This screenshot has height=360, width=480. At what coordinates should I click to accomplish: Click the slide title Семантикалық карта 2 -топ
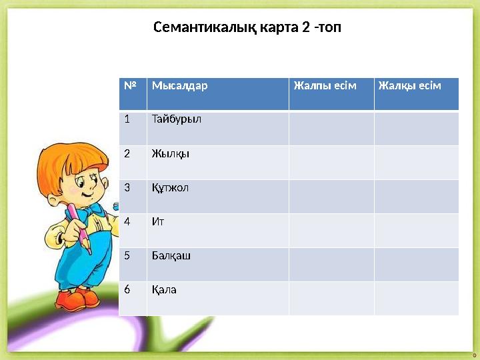point(247,27)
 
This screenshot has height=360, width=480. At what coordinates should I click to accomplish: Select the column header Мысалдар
point(179,86)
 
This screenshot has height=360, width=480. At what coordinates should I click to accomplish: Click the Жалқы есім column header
point(409,86)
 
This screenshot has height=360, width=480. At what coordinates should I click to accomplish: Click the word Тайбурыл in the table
point(176,119)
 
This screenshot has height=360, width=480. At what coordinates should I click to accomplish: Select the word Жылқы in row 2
point(171,153)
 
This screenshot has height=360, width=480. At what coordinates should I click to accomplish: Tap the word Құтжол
point(171,187)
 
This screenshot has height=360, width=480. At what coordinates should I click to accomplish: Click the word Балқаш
point(171,255)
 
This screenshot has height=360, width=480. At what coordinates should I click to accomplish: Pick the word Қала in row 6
point(164,289)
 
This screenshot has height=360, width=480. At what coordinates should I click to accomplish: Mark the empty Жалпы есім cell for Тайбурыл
point(331,128)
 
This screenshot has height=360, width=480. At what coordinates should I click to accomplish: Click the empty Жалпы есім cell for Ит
point(331,230)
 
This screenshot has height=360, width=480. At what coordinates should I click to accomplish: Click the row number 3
point(127,187)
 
